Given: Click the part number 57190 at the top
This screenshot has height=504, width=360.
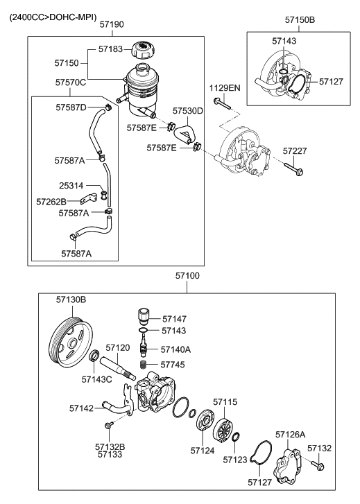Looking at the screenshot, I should [x=111, y=24].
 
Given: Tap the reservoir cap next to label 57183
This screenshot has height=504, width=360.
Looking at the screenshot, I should [x=144, y=51].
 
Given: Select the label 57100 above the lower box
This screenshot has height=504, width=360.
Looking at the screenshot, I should [x=187, y=275].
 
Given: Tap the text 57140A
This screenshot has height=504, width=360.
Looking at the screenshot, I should [x=177, y=350].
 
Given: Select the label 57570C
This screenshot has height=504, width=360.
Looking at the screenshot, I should [x=71, y=82].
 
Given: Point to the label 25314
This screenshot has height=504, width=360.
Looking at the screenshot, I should [x=71, y=186].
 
